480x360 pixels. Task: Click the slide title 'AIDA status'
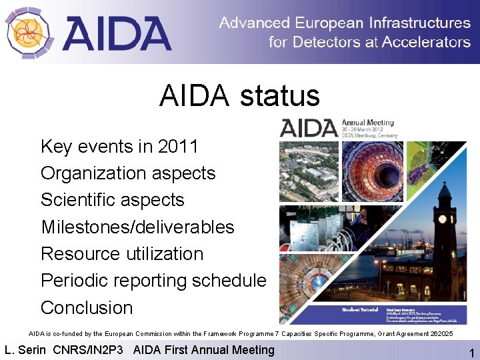coord(239,96)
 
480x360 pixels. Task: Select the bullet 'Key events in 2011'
coord(119,146)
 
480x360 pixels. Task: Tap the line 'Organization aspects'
coord(128,173)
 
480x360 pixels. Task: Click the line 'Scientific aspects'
coord(112,200)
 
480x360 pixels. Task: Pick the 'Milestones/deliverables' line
coord(137,227)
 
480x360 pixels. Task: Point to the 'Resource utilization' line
coord(121,254)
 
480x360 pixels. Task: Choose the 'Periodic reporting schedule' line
coord(153,281)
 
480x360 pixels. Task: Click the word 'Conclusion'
coord(87,308)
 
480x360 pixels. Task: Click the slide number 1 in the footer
coord(471,353)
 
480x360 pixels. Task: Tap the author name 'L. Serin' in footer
coord(25,350)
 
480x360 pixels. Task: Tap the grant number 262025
coord(439,333)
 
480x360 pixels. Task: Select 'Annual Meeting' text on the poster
coord(367,123)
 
